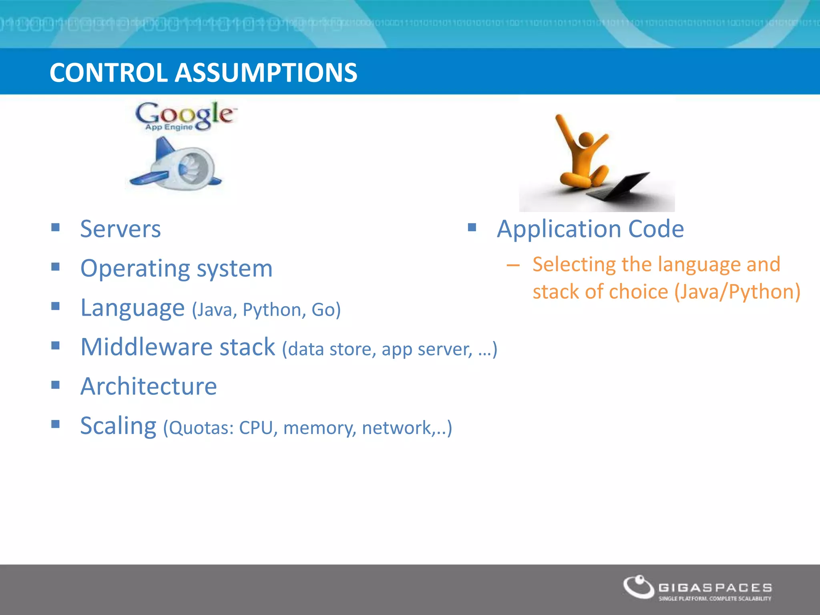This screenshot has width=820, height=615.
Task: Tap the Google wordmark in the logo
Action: tap(184, 114)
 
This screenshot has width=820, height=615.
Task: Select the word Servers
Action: tap(120, 229)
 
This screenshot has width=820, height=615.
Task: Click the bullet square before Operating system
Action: tap(56, 267)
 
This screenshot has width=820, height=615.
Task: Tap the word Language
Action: tap(132, 308)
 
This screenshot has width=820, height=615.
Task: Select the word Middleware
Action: tap(146, 347)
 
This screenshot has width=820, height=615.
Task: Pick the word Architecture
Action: tap(149, 386)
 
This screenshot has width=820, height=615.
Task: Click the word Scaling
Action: tap(118, 426)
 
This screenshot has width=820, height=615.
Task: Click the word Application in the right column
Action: tap(559, 229)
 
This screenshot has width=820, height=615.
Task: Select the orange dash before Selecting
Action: tap(513, 265)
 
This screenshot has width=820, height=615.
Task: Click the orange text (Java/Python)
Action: tap(737, 291)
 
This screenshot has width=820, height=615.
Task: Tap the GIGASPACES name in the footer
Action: tap(715, 587)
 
